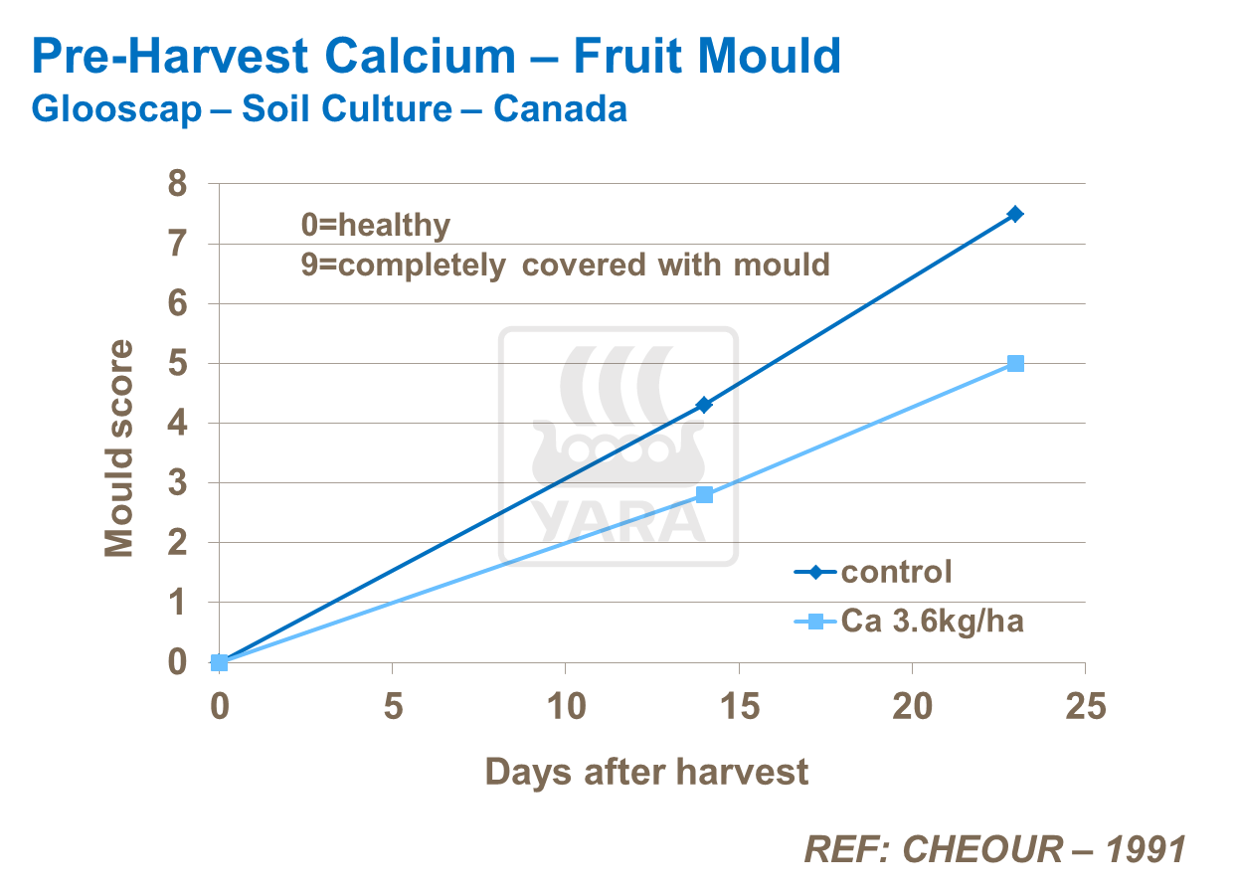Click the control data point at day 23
pyautogui.click(x=1014, y=214)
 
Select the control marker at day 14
pyautogui.click(x=704, y=405)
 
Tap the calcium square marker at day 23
pyautogui.click(x=1014, y=363)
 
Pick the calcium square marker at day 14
pyautogui.click(x=704, y=494)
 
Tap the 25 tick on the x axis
pyautogui.click(x=1085, y=707)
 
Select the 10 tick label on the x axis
pyautogui.click(x=565, y=707)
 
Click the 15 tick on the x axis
pyautogui.click(x=738, y=707)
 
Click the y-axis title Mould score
pyautogui.click(x=119, y=448)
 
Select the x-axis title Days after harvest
pyautogui.click(x=646, y=772)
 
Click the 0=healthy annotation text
pyautogui.click(x=376, y=226)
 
